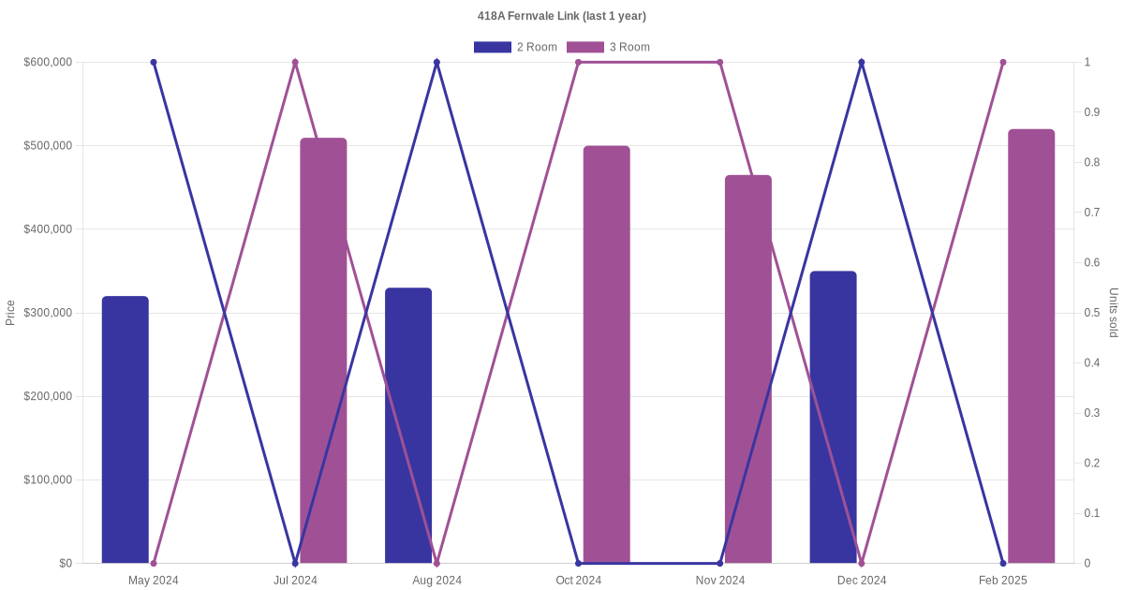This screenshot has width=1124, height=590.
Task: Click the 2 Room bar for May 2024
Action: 126,430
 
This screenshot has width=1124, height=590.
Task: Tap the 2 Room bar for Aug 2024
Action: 408,425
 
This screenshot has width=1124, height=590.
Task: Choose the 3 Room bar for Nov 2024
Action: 748,369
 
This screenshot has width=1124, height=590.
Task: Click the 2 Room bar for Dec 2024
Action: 834,417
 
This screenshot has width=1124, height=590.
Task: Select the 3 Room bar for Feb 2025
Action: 1031,346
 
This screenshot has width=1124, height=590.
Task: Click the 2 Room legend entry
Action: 515,47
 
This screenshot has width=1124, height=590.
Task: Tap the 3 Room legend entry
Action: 608,47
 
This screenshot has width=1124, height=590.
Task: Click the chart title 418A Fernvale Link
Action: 561,16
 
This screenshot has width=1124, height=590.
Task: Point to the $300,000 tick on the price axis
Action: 48,313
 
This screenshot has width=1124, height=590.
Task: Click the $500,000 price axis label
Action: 48,146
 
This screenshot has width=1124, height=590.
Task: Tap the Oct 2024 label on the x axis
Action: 579,581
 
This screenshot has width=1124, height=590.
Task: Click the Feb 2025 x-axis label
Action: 1003,581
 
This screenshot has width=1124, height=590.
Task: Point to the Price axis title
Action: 10,313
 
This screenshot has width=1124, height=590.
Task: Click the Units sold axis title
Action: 1114,313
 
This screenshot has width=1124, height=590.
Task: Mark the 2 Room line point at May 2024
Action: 154,63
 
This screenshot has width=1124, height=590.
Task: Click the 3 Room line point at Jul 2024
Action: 295,63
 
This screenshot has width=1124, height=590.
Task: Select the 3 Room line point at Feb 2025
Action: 1003,63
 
